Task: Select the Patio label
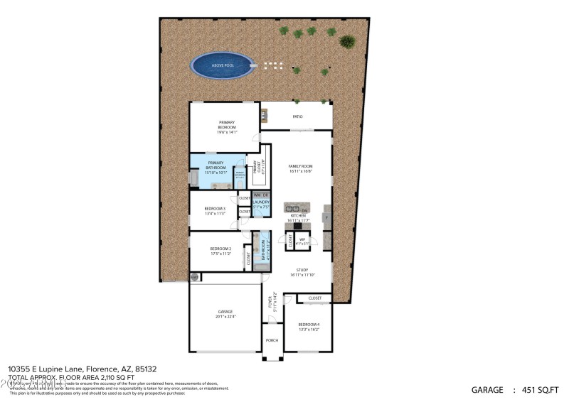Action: [x=297, y=116]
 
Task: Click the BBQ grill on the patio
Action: [x=265, y=114]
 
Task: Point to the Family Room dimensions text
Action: [x=300, y=170]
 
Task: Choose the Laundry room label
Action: [x=261, y=203]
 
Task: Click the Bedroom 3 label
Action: [x=215, y=209]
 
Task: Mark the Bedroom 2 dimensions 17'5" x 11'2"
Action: [x=220, y=254]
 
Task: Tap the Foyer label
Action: [x=270, y=302]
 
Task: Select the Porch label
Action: [x=272, y=339]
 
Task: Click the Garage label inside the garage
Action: [x=225, y=312]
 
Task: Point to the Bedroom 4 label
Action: [x=309, y=325]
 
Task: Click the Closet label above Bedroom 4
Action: [x=314, y=298]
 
